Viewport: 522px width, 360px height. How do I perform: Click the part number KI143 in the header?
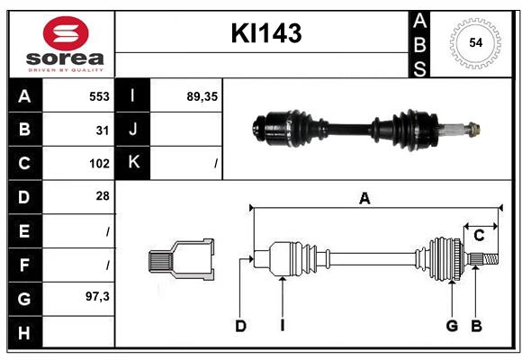(x=266, y=33)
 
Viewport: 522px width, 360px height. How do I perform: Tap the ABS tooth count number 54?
(x=475, y=42)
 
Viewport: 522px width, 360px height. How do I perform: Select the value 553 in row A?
(x=99, y=95)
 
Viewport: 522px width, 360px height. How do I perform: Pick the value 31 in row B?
(x=103, y=130)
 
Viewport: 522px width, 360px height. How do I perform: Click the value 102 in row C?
(x=99, y=163)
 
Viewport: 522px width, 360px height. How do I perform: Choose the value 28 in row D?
(x=103, y=196)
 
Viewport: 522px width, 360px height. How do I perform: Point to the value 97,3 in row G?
(x=97, y=296)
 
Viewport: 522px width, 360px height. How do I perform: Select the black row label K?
(x=134, y=163)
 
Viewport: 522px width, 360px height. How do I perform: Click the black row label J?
(x=134, y=130)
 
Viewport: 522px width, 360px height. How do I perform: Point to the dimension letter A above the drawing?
(x=364, y=199)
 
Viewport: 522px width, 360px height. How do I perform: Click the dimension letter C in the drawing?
(x=480, y=236)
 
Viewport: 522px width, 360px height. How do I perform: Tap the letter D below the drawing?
(x=240, y=326)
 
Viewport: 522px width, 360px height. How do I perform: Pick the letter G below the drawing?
(x=452, y=326)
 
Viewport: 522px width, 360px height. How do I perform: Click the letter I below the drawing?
(x=282, y=326)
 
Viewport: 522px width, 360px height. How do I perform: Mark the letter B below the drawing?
(x=477, y=326)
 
